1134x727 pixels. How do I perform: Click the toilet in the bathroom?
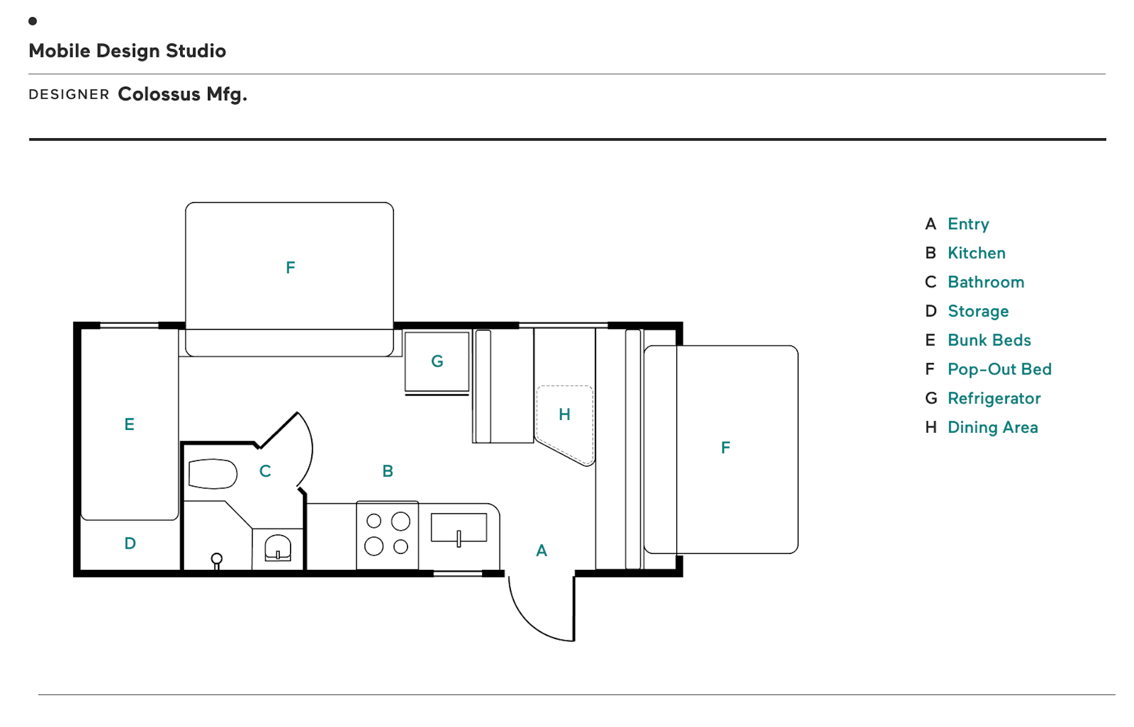[213, 474]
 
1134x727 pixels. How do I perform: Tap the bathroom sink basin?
[278, 547]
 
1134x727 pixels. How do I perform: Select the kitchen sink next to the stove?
[459, 527]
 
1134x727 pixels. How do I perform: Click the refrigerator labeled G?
[437, 361]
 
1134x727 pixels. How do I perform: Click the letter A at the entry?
[542, 550]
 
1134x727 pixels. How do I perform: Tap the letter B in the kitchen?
[387, 471]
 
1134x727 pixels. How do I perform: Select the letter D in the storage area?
[131, 543]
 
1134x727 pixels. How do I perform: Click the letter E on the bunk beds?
[129, 424]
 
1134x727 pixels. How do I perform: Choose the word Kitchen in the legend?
[976, 253]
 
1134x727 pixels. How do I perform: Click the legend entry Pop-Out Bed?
[999, 369]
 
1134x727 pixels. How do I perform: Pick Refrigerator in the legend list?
[994, 399]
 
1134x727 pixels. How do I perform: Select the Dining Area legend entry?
[993, 428]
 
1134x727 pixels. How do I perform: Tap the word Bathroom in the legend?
[986, 282]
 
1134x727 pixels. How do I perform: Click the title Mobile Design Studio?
[128, 51]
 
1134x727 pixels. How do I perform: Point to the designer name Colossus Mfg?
[183, 94]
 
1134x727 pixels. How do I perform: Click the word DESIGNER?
[69, 94]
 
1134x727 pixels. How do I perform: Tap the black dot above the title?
[32, 21]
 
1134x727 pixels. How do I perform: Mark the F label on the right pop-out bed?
[725, 448]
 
